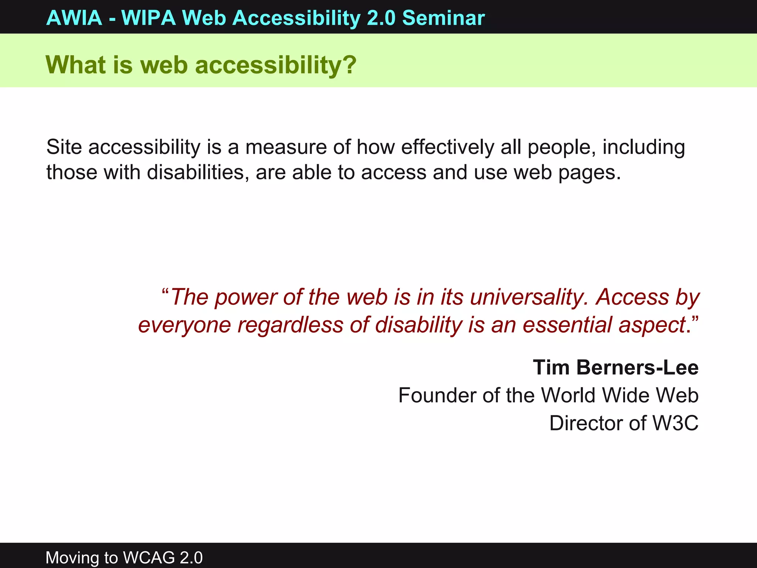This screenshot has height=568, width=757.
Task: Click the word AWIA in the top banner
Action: pos(74,18)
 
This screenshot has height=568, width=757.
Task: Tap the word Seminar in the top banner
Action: pos(444,18)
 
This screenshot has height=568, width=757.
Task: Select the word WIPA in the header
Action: pos(149,18)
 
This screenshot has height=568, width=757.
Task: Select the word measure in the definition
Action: pos(286,147)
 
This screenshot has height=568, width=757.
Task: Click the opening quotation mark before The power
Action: pos(165,292)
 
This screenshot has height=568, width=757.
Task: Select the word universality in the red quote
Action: pos(529,297)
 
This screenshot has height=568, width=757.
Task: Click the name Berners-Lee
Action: pos(637,368)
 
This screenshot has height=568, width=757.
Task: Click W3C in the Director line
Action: pos(675,423)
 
